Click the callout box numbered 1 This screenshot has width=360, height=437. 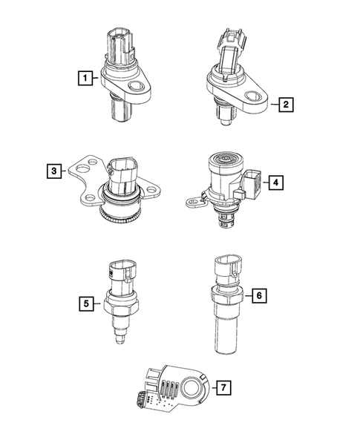click(x=88, y=78)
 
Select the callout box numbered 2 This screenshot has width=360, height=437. click(x=284, y=105)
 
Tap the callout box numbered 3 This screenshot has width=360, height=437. click(x=52, y=171)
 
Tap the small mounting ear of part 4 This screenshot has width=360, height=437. click(x=194, y=200)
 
